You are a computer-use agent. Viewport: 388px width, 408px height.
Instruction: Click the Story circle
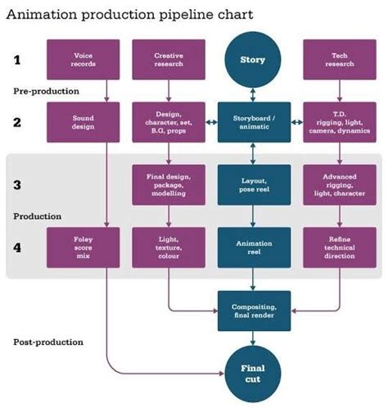[253, 60]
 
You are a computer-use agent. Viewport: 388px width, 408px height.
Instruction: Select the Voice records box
[83, 60]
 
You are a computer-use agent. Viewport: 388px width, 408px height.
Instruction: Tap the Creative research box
[169, 60]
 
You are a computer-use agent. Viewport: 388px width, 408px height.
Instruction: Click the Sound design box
[83, 123]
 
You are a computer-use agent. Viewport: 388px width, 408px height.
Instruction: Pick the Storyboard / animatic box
[253, 123]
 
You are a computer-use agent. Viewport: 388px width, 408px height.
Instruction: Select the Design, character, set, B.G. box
[169, 123]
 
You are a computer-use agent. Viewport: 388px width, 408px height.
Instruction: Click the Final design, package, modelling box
[169, 184]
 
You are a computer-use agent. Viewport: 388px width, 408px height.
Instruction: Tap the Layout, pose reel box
[253, 184]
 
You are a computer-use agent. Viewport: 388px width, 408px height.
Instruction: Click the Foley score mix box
[83, 247]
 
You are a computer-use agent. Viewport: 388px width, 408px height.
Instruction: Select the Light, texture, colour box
[169, 247]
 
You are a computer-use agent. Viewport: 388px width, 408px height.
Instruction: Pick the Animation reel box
[253, 247]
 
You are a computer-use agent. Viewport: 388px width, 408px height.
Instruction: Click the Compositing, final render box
[253, 310]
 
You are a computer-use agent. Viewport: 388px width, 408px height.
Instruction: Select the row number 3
[16, 184]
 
